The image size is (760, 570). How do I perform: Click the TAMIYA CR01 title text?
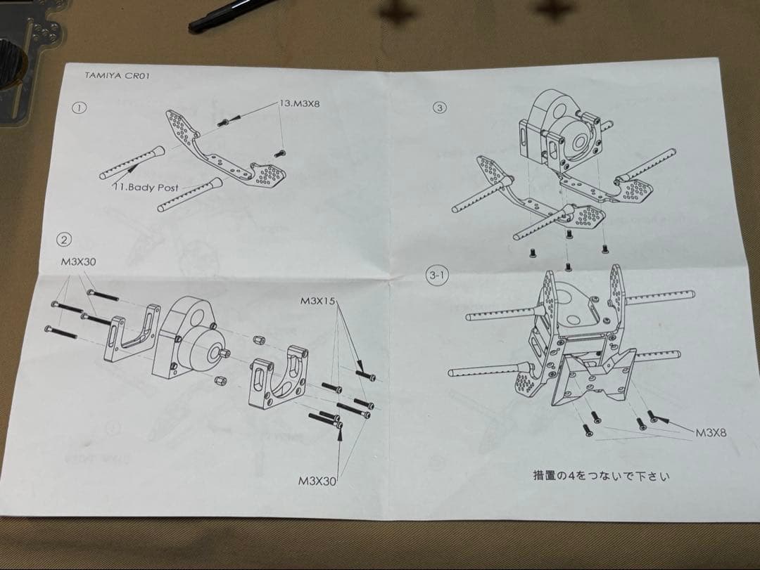[113, 75]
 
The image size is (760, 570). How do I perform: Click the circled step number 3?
[441, 108]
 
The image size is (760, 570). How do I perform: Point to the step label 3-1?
[436, 276]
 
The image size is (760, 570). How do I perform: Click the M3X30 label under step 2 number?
[78, 261]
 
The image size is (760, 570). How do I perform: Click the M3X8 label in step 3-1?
[710, 432]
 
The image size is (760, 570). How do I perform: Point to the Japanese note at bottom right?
[602, 476]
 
